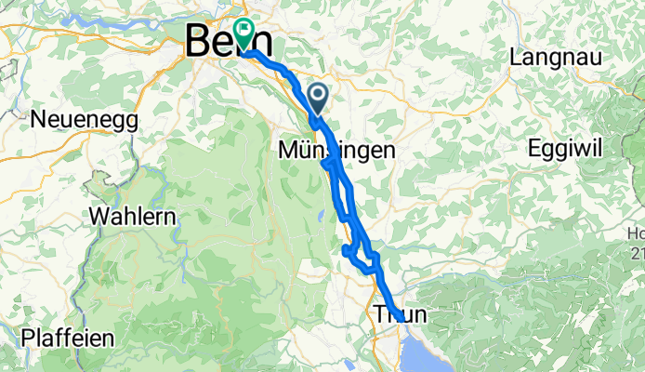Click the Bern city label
[x=229, y=42]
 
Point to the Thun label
[x=401, y=315]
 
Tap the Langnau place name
[x=556, y=58]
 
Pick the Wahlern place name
[x=133, y=216]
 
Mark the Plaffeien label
[x=67, y=338]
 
